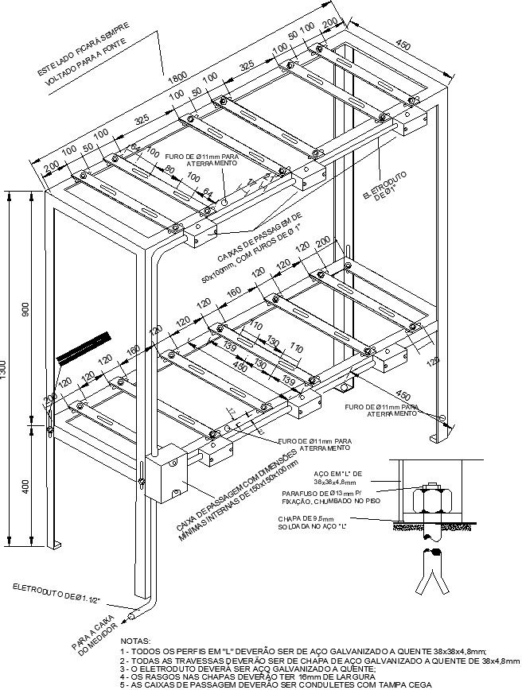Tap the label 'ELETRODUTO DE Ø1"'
click(x=381, y=191)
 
